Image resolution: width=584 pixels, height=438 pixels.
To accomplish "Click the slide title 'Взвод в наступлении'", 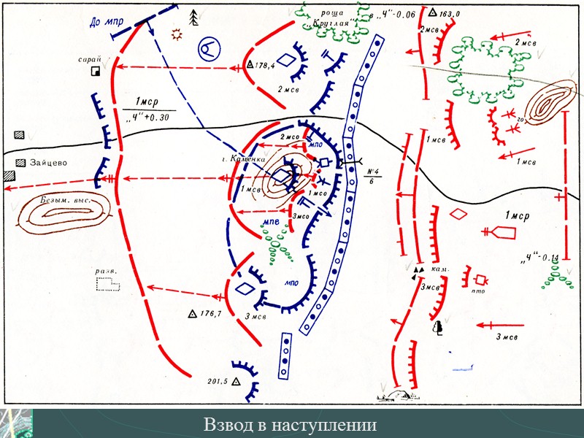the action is point(290,425).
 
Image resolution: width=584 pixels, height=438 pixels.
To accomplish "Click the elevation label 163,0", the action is point(444,12).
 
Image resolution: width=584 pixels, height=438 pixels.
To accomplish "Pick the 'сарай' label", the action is point(91,60).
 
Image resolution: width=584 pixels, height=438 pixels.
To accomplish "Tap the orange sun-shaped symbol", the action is point(176,34).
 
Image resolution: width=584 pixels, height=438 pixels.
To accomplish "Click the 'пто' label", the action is point(479,291).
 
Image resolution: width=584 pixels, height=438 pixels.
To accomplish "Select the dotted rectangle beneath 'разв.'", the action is point(108,285).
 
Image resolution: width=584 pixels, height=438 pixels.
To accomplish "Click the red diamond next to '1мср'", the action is point(458,214).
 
